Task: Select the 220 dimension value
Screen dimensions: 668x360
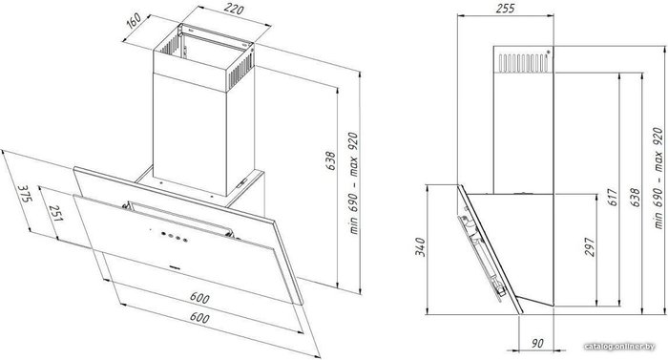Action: point(234,9)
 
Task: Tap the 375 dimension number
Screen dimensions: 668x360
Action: point(25,194)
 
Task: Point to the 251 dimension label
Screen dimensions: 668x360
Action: point(55,212)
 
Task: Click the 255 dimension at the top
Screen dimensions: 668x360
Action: point(506,8)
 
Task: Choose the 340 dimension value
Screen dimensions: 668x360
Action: point(420,247)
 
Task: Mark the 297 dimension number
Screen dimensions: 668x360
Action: point(589,247)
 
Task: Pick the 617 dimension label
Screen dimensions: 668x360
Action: point(613,197)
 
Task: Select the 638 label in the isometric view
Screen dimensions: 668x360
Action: point(331,160)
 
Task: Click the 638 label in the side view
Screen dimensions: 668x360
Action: point(635,197)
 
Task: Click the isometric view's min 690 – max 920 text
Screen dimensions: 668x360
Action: point(353,182)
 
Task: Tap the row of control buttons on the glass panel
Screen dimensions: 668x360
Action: point(173,236)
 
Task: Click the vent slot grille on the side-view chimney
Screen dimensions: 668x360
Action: point(522,63)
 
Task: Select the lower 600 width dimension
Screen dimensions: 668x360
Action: point(198,317)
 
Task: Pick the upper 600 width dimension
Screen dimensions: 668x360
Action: point(199,297)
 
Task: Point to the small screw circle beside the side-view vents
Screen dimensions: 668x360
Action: point(549,52)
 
